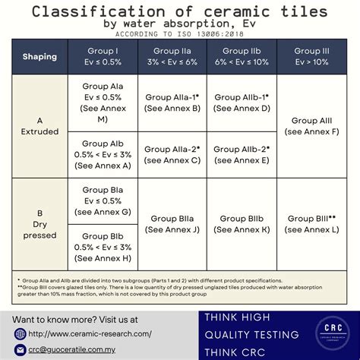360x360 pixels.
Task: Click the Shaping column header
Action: [x=39, y=56]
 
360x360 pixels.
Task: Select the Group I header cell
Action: [x=104, y=55]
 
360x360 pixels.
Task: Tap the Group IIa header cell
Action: [x=172, y=55]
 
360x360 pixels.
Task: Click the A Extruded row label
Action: [x=39, y=126]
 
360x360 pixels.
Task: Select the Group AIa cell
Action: [x=104, y=103]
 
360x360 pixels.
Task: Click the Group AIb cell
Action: [x=104, y=154]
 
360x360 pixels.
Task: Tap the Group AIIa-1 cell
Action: [x=172, y=103]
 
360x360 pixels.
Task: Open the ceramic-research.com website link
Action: [x=89, y=333]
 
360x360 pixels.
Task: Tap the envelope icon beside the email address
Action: [x=21, y=350]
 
